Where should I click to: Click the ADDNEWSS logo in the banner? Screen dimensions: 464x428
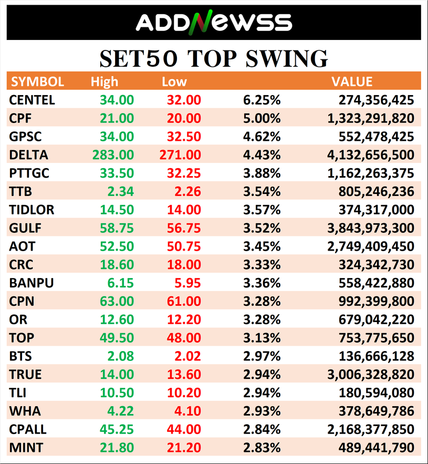214,23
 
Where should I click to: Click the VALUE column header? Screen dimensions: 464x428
351,81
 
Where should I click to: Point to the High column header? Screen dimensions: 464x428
105,81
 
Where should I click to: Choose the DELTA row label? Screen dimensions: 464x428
28,155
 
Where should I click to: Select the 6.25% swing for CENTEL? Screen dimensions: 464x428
262,100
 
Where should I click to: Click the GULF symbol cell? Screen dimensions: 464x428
25,228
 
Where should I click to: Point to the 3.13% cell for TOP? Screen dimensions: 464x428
262,338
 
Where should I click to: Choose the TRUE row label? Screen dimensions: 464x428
25,375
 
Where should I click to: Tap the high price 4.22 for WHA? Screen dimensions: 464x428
122,411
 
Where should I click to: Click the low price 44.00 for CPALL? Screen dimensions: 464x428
183,429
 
